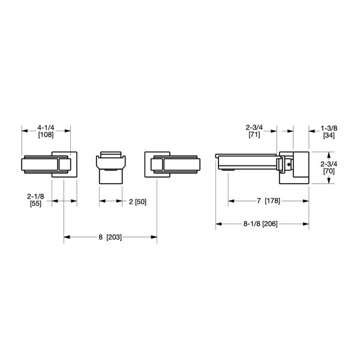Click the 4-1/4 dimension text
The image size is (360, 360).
(x=46, y=128)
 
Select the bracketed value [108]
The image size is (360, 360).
(x=46, y=135)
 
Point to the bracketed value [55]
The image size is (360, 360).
(x=35, y=205)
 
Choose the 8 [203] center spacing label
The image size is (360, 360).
(x=110, y=238)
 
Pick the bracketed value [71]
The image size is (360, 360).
(x=254, y=135)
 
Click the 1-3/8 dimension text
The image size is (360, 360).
(x=329, y=128)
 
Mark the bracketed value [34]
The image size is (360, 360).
(x=329, y=135)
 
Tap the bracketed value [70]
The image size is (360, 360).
(x=329, y=170)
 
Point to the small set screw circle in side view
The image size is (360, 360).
(x=289, y=163)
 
